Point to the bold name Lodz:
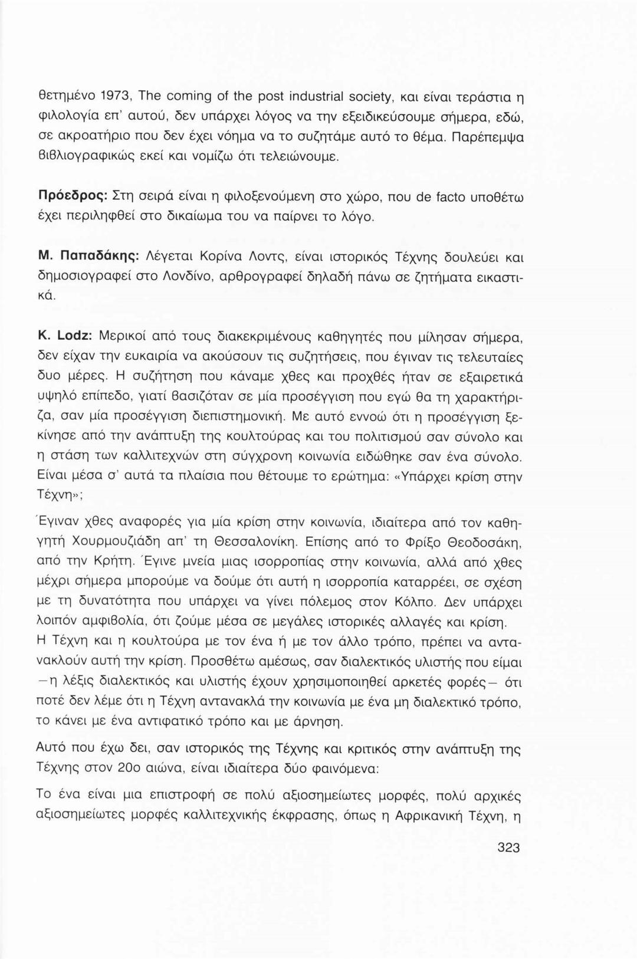click(x=73, y=337)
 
